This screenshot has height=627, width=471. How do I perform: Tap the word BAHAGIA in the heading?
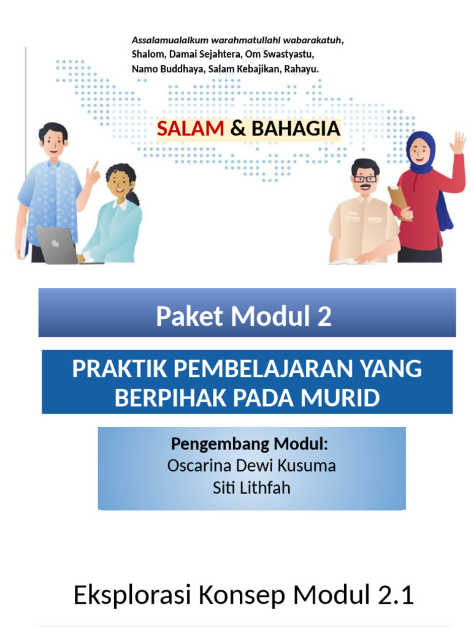click(296, 129)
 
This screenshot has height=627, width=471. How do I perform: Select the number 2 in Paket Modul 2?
click(324, 317)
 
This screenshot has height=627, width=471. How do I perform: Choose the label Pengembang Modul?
click(250, 443)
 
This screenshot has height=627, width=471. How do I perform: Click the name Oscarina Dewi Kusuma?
click(251, 465)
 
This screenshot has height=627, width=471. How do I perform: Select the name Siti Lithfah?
click(251, 488)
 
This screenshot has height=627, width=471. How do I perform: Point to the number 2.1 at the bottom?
click(397, 595)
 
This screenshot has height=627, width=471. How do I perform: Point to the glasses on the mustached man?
click(365, 179)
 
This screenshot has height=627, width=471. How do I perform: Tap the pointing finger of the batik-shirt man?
click(94, 167)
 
